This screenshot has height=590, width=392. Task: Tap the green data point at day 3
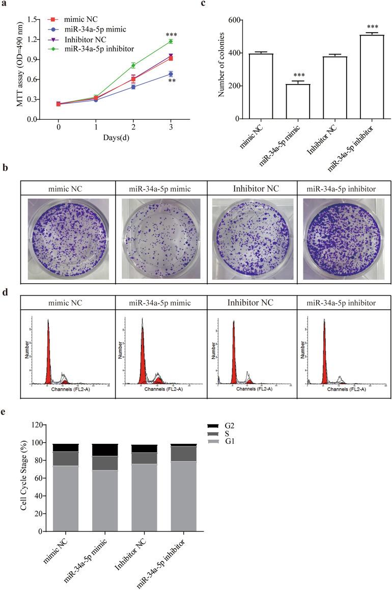(171, 41)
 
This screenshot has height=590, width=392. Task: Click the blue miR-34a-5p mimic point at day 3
(171, 74)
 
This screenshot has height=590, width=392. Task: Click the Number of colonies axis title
(220, 69)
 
